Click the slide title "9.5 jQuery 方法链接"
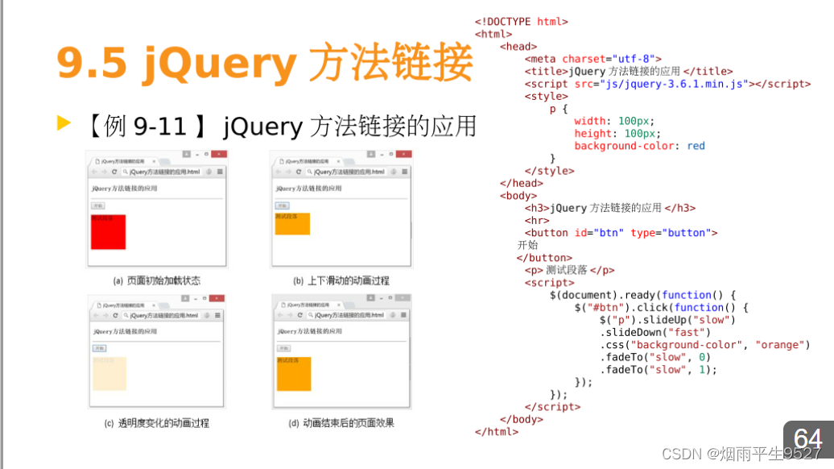(264, 64)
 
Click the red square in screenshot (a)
(108, 232)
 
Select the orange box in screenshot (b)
(292, 224)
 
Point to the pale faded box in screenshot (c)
(109, 373)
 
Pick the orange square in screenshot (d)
(294, 374)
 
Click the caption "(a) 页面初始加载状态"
(157, 281)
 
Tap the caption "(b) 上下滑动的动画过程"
(341, 281)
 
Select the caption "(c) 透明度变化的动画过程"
(157, 423)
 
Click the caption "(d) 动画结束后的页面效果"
(341, 423)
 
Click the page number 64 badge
(807, 439)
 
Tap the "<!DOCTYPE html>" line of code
(522, 22)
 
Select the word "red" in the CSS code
(696, 146)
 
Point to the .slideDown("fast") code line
(654, 332)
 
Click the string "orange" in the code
(780, 345)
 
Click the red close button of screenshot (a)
(218, 154)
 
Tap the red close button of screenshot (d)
(403, 299)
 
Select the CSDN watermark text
(741, 454)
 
